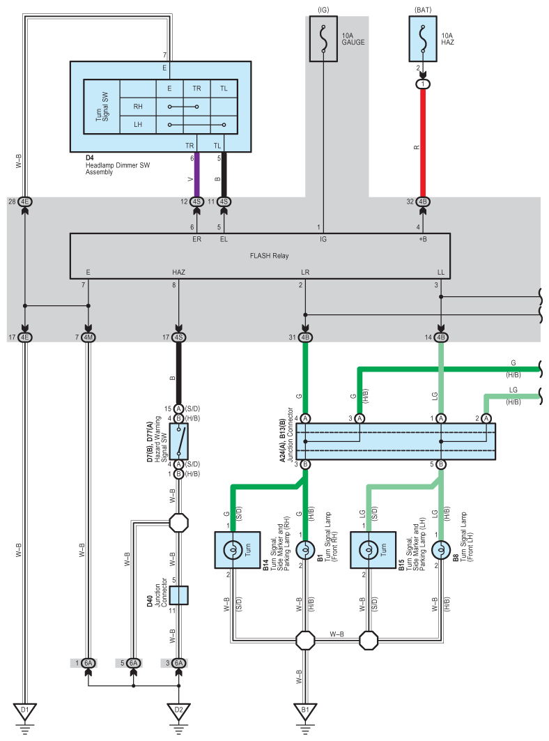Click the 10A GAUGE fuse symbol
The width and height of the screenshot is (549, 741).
(x=323, y=39)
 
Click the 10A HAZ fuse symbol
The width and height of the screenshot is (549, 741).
(x=423, y=39)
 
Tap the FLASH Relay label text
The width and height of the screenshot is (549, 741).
(x=270, y=256)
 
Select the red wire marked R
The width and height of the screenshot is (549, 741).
(x=423, y=142)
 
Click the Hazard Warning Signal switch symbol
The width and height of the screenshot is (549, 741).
(x=178, y=441)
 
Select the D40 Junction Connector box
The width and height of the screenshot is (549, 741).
(x=178, y=595)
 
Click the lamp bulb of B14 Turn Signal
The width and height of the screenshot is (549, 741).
(x=233, y=550)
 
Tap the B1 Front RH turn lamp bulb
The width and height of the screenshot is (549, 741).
(x=305, y=550)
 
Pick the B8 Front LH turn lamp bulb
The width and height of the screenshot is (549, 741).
(x=441, y=550)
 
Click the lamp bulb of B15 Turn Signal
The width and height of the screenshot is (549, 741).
(x=369, y=550)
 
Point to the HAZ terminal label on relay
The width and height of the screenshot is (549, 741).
(x=178, y=272)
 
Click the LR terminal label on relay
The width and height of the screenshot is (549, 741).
(x=305, y=272)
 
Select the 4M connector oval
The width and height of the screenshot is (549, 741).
(x=88, y=337)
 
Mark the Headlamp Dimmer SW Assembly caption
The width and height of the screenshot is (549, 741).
(x=118, y=169)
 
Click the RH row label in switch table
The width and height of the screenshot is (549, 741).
(x=138, y=107)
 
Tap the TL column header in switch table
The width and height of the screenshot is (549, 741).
(x=224, y=89)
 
